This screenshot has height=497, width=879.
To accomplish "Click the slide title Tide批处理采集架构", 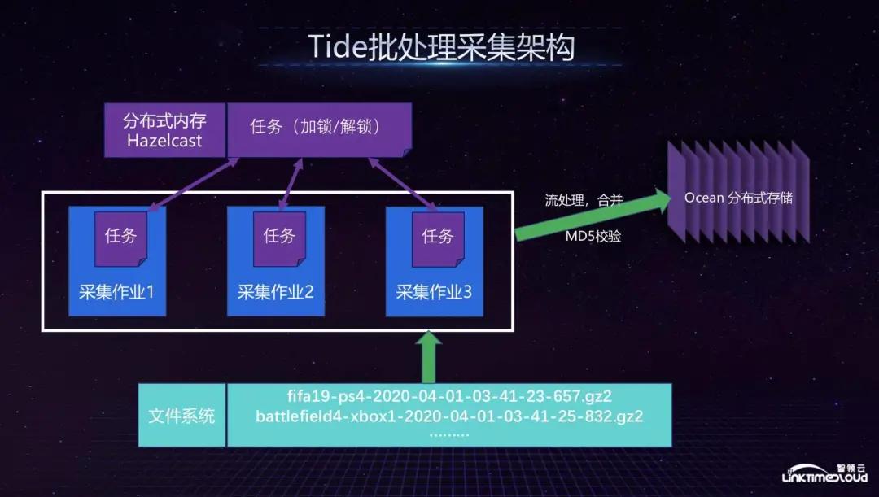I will [x=441, y=46].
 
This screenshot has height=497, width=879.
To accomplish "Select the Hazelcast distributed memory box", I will [x=164, y=130].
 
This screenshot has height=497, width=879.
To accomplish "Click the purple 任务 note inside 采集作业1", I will [x=120, y=237].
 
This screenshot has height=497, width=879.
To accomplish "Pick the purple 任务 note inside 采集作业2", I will [x=278, y=237].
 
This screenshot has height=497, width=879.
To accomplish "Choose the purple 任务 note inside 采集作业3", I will [x=437, y=237].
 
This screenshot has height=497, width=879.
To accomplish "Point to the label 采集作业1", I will [x=116, y=292].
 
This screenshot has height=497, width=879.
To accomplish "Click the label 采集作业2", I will [x=275, y=292].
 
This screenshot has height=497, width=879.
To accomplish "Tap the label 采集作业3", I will [x=434, y=292].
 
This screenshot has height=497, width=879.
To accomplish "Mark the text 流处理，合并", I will [x=583, y=200].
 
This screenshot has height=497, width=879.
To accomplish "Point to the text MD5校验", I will [x=593, y=237].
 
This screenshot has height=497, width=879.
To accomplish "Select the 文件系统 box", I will [x=181, y=416].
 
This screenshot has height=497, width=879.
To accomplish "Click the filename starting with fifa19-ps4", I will [x=449, y=398].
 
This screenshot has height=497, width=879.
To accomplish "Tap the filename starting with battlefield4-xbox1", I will [x=449, y=416].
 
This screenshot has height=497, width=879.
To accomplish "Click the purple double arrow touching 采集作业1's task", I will [x=190, y=183].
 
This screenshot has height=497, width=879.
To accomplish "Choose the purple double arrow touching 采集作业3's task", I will [x=402, y=184].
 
